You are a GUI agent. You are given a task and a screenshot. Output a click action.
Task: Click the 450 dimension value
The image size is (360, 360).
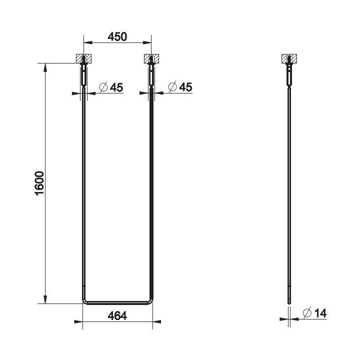pos(117,36)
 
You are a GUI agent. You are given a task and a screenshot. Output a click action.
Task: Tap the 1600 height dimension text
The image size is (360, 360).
pos(39,183)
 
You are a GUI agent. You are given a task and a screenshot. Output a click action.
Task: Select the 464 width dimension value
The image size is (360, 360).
pos(117,316)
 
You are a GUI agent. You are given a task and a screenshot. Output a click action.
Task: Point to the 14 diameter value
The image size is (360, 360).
pos(320,313)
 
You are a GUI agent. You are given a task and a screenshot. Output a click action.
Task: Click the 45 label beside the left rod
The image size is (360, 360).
pos(116,87)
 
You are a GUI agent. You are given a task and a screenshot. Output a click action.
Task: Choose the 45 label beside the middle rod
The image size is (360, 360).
pos(185,87)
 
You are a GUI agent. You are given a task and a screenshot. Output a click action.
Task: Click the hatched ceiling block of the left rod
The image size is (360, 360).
pos(83,58)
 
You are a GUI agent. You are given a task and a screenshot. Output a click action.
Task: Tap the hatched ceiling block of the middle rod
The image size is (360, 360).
pos(151,58)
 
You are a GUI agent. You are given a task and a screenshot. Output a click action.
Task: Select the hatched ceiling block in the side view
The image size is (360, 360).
pos(289,58)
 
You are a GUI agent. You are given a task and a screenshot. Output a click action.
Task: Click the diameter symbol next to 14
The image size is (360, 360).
pos(307,312)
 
